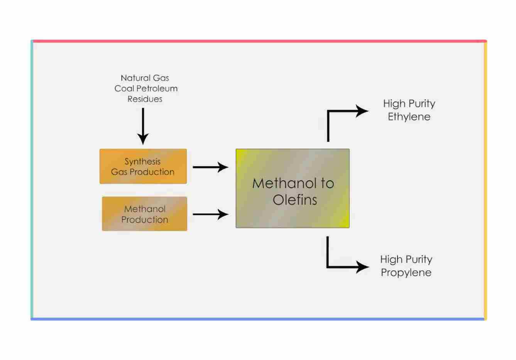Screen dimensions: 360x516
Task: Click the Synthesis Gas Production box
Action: (143, 166)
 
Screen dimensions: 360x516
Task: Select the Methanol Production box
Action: (144, 214)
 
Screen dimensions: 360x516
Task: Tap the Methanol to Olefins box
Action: (293, 188)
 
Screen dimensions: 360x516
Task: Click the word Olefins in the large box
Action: (295, 200)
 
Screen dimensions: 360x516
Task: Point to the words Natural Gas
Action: (145, 78)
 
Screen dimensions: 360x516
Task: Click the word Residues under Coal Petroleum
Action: (145, 99)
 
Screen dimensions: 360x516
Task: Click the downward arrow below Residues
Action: (143, 126)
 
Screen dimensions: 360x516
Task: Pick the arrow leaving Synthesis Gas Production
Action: (210, 167)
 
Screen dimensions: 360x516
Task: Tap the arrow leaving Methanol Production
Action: (210, 214)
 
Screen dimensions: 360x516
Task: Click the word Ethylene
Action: (409, 117)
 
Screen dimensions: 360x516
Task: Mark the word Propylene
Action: (406, 272)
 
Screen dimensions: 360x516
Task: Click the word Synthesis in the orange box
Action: (142, 161)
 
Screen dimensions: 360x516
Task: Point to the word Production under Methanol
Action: (145, 219)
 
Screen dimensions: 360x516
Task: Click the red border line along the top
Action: (259, 41)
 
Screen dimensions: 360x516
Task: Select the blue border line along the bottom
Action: (259, 319)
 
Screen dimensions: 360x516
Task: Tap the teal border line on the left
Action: (32, 180)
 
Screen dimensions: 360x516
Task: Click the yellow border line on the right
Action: (485, 180)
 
